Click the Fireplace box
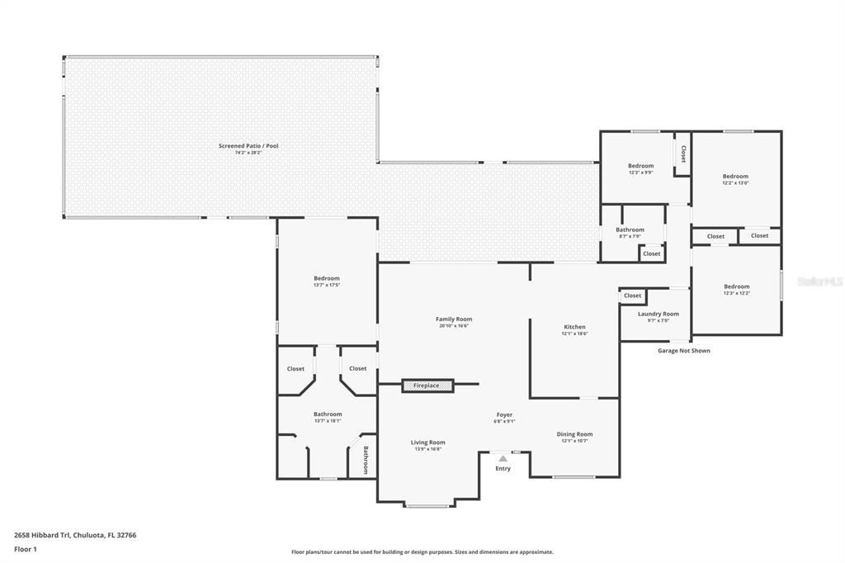pos(427,386)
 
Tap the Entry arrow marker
pos(503,458)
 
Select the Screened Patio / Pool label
pos(248,146)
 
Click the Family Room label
pos(454,319)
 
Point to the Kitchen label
pos(574,327)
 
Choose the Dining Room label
pos(574,434)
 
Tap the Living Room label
pos(428,442)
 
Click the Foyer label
pos(504,414)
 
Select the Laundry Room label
pos(659,314)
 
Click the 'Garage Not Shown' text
pos(683,351)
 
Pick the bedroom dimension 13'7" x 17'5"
pos(327,286)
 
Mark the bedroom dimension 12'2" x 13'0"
pos(735,183)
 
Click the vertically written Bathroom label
pos(366,460)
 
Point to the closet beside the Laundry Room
pos(632,296)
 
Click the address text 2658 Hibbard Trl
pos(75,535)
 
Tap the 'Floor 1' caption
pos(26,549)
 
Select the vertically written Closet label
pos(683,154)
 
